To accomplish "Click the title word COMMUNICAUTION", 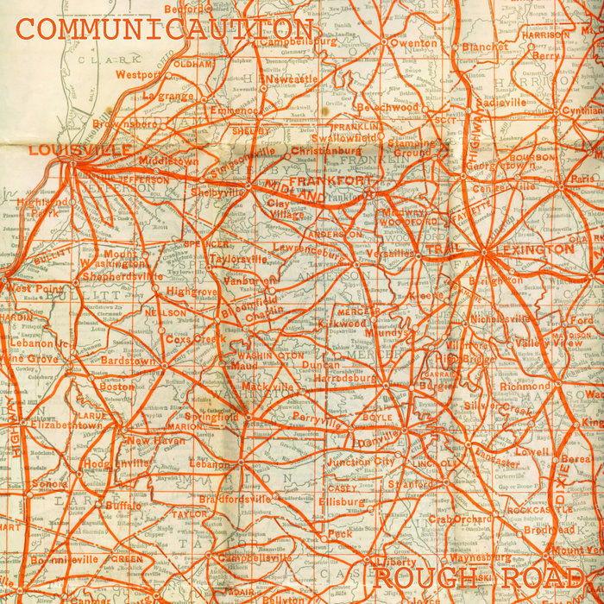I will (164, 28).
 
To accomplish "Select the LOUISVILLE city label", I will (79, 150).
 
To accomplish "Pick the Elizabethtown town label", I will (66, 425).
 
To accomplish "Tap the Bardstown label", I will (128, 361).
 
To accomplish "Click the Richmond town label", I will (525, 387).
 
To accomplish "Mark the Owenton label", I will (413, 42).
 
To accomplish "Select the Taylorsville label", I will (238, 258).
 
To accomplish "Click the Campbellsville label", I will (257, 557).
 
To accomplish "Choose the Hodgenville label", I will (118, 463).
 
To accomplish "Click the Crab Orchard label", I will (459, 519).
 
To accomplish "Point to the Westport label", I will (138, 75).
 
